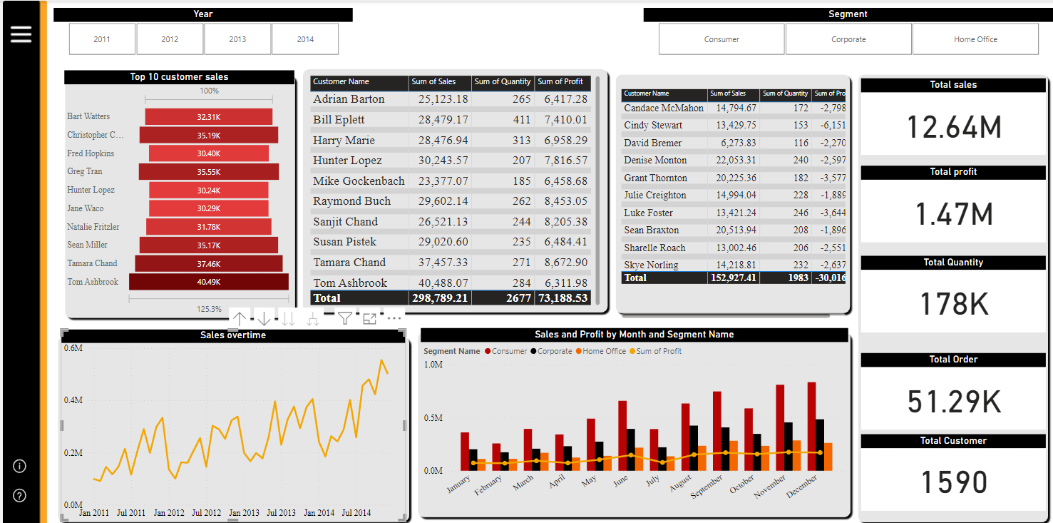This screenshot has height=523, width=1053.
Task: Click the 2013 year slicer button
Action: [x=237, y=39]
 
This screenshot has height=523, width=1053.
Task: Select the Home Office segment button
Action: [x=975, y=39]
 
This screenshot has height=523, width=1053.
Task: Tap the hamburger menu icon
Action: [x=21, y=34]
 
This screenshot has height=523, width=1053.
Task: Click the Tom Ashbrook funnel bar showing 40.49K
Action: [x=209, y=282]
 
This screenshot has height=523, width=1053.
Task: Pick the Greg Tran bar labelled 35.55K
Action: [x=209, y=172]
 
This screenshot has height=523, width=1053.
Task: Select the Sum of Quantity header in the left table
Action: [x=503, y=81]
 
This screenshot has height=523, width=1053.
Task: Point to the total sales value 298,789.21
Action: [x=440, y=298]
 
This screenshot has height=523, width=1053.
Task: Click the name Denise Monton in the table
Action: [x=655, y=161]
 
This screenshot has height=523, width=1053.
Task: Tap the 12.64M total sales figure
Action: [x=954, y=128]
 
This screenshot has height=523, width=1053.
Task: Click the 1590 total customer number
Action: [x=954, y=482]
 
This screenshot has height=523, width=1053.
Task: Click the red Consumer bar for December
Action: [x=811, y=426]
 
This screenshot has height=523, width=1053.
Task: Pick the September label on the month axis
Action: [x=707, y=486]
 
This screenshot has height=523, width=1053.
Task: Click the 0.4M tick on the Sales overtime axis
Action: [x=73, y=400]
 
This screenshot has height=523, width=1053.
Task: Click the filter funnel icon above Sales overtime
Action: [x=345, y=319]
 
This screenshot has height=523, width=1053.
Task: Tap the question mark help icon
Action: [x=20, y=495]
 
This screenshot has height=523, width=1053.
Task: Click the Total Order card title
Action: [x=953, y=360]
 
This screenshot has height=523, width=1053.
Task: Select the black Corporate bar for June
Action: [x=631, y=450]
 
